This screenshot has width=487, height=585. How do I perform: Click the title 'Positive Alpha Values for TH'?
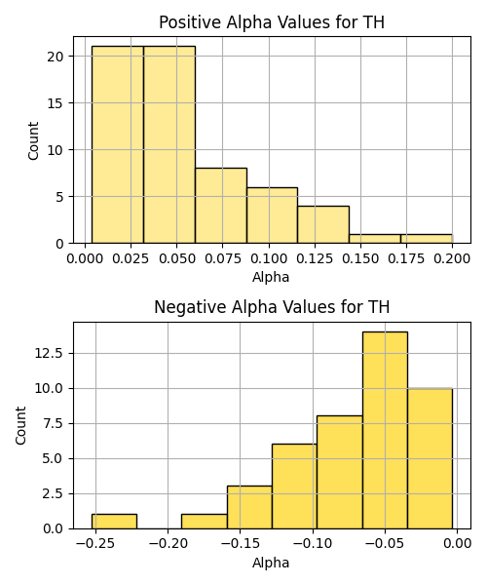point(272,22)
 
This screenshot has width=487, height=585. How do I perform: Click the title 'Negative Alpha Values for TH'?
point(272,307)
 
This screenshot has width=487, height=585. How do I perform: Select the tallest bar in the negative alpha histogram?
point(385,430)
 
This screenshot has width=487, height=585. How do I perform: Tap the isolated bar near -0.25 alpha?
point(114,522)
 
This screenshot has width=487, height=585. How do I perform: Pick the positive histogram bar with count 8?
point(221,206)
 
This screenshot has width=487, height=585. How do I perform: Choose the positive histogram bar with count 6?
point(272,215)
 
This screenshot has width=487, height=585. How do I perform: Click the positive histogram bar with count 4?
point(323,224)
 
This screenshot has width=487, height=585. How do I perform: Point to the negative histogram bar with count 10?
point(430,458)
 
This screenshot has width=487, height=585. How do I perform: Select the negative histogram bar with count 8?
point(340,472)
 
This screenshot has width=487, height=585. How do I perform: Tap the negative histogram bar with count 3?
point(249,507)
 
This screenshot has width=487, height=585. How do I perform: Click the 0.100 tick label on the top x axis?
point(269,258)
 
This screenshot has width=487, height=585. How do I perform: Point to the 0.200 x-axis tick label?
point(452,258)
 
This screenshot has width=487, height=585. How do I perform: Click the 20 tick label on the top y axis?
point(56,57)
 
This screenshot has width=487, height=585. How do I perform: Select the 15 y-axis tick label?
point(56,103)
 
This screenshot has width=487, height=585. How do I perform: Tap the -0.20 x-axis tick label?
point(169,543)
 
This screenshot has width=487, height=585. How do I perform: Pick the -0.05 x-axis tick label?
point(385,543)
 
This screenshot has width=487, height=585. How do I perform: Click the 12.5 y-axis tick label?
point(50,353)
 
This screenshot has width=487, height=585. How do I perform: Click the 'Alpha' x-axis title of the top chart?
point(271,277)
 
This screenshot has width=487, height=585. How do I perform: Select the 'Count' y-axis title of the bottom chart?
point(20,426)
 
